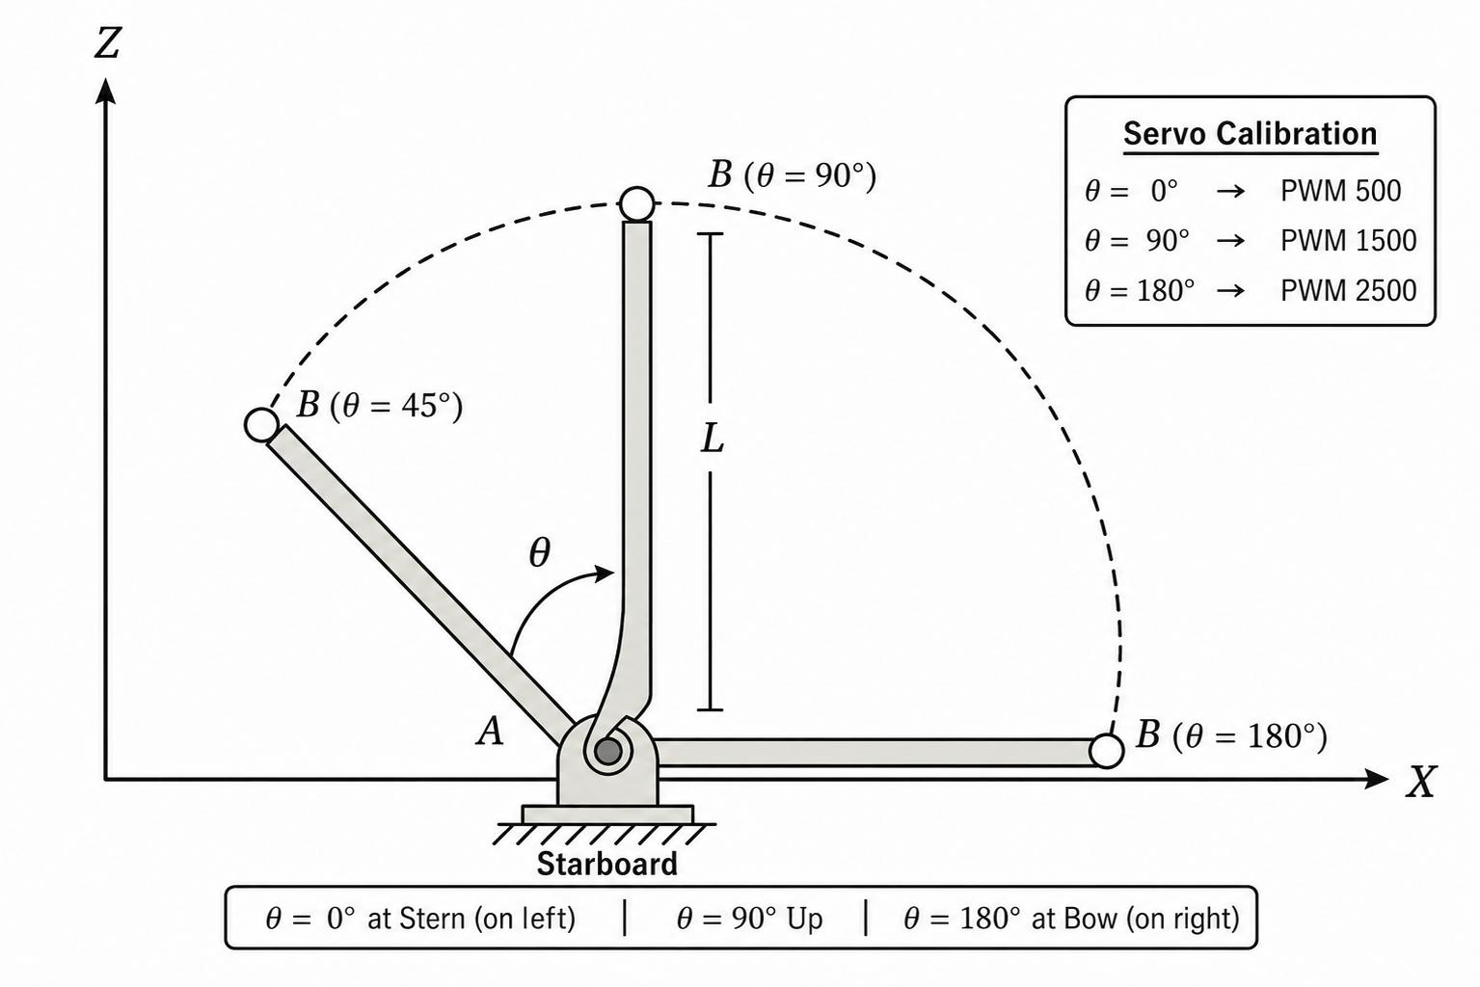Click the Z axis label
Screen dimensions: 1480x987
click(x=107, y=43)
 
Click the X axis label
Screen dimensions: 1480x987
click(x=1421, y=783)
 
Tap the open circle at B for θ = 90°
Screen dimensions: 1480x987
click(x=637, y=203)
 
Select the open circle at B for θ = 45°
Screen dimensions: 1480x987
click(x=261, y=425)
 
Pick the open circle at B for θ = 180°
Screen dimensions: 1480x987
click(x=1106, y=751)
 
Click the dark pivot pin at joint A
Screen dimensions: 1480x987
click(x=607, y=751)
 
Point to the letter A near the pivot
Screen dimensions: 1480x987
click(x=490, y=732)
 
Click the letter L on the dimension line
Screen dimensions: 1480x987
click(x=712, y=438)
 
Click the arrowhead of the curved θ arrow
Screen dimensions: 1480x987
click(x=604, y=573)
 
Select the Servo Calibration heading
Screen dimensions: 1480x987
click(x=1251, y=133)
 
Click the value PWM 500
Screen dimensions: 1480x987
click(x=1340, y=191)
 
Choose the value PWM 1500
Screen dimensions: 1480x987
click(x=1349, y=240)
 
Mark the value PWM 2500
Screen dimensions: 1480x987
click(x=1349, y=291)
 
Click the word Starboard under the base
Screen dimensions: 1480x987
click(x=607, y=865)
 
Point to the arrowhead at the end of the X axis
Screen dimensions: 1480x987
click(x=1376, y=779)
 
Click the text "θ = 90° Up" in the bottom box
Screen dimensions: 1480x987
click(x=750, y=919)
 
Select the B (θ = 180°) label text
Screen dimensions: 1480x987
click(x=1231, y=735)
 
